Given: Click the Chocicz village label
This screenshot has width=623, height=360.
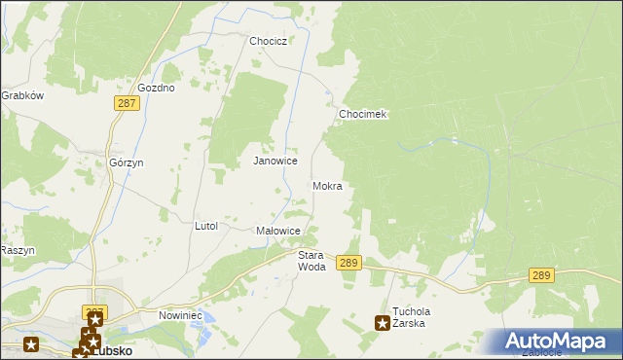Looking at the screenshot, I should [267, 42].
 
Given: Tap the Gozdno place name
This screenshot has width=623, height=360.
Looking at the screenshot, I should [156, 88].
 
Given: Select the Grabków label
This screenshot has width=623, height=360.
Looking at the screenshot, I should [21, 96].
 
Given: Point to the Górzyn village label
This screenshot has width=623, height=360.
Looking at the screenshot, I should [127, 162].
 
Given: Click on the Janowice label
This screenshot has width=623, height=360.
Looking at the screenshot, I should [275, 161].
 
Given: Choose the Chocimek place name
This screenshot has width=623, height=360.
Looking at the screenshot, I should [363, 114].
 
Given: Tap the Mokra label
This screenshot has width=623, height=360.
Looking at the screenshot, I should [327, 185].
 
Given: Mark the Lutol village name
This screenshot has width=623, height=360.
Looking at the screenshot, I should [206, 226].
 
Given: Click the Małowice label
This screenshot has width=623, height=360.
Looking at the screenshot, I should [276, 231].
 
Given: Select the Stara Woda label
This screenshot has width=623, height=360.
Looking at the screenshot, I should [311, 260].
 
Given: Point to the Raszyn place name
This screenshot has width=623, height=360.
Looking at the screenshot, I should [18, 250].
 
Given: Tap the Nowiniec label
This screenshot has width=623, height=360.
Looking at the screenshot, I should [179, 316].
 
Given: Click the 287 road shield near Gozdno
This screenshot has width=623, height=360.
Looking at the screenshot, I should [128, 102].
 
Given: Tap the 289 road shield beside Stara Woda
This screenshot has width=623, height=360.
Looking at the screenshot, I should [349, 263].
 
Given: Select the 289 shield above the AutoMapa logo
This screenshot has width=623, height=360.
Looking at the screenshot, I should [542, 276].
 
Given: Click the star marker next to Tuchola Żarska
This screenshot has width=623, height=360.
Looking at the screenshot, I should [383, 322].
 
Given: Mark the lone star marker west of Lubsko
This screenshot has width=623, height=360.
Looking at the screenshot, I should [31, 343].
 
